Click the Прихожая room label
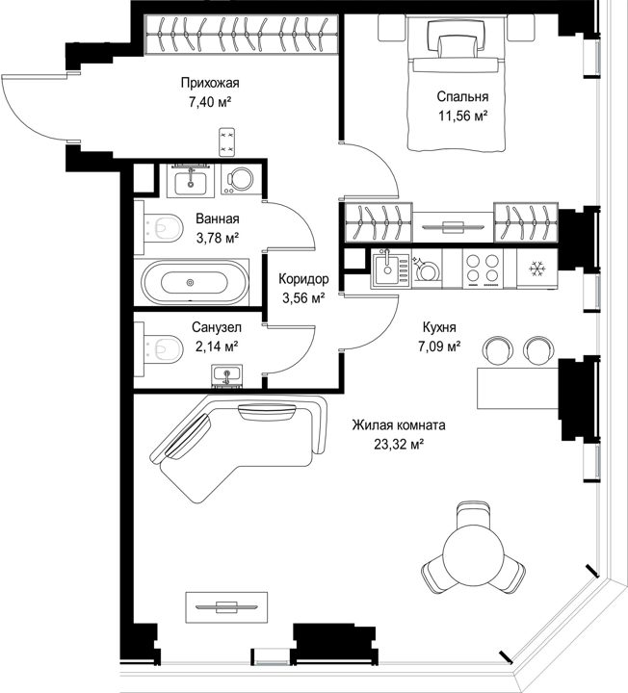pos(210,83)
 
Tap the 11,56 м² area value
pos(462,115)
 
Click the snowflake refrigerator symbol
pos(537,269)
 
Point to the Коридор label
pos(303,279)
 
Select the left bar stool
pos(498,350)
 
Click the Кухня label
pos(438,327)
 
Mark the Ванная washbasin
pos(190,182)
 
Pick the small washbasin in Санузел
pos(227,375)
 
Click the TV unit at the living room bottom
pos(226,606)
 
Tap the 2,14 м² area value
pos(217,346)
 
